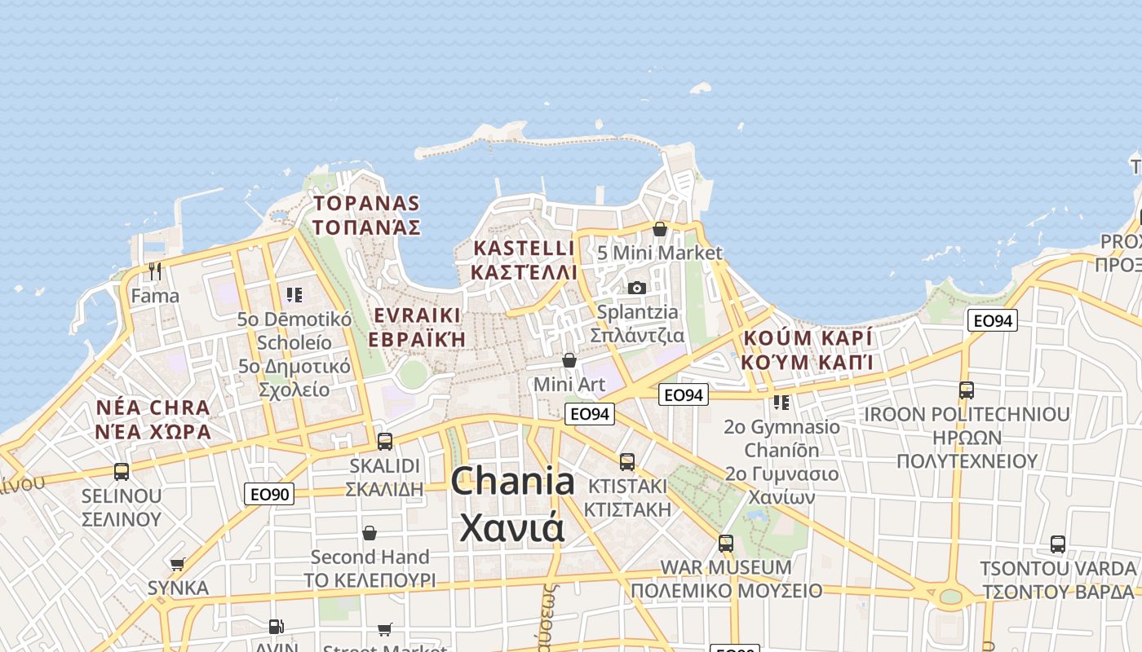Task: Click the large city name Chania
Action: click(x=512, y=481)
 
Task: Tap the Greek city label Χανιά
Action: click(x=512, y=526)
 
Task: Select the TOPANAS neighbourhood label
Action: click(x=367, y=204)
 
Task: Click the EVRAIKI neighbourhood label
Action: click(x=417, y=315)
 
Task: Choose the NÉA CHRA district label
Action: click(x=153, y=407)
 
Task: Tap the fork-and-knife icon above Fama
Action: click(x=155, y=271)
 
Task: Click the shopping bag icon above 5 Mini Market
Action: click(x=660, y=229)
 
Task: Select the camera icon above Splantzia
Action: click(x=637, y=288)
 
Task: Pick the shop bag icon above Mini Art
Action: click(x=569, y=360)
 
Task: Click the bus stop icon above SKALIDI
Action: click(x=385, y=442)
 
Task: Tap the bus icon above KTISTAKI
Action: click(x=627, y=461)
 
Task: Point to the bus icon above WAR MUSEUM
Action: click(x=726, y=543)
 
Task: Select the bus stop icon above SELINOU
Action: click(x=122, y=471)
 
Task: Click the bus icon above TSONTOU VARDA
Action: click(x=1058, y=544)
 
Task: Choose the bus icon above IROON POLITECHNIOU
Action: click(x=967, y=390)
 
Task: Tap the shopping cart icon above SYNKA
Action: click(x=178, y=564)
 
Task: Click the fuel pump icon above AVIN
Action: click(x=277, y=627)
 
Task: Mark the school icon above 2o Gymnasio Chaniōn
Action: click(x=781, y=403)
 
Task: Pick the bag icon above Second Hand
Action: click(x=370, y=533)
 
